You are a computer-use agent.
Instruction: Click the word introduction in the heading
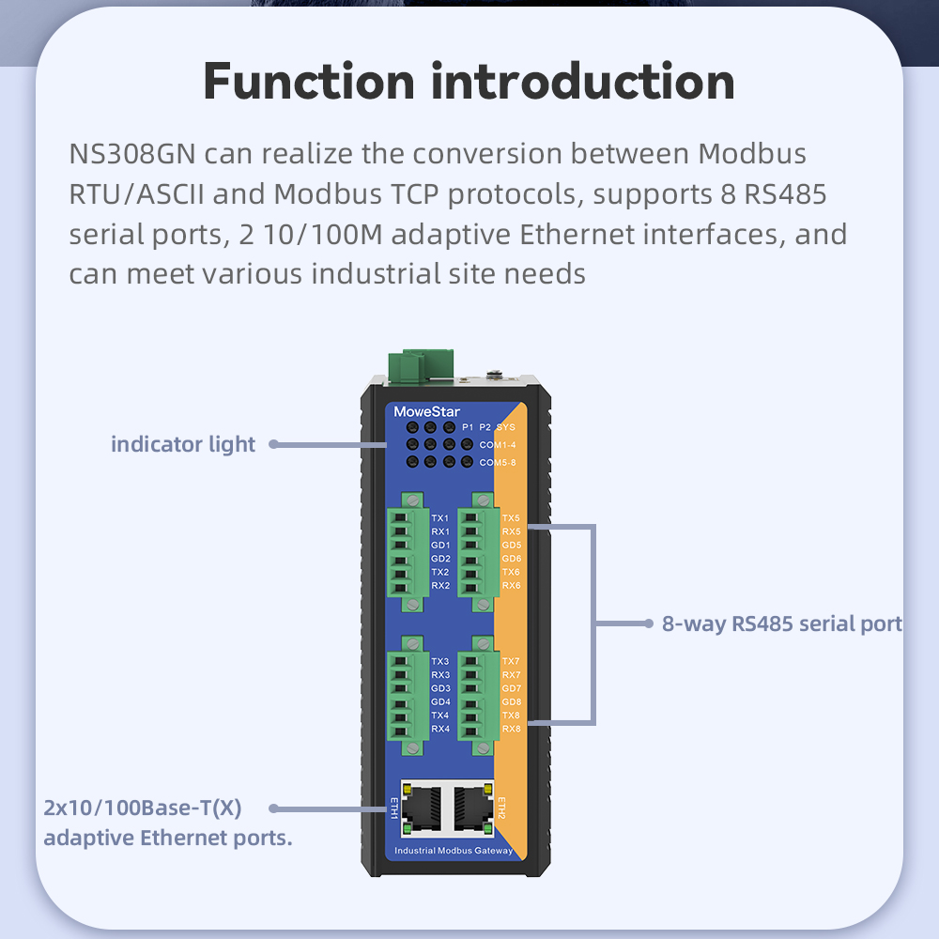pos(582,83)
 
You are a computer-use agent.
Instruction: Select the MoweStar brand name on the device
pos(427,411)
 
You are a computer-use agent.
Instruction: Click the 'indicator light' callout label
pos(183,444)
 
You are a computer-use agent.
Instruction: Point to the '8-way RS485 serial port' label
pos(781,623)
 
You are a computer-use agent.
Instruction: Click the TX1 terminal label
pos(439,518)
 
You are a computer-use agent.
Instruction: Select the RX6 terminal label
pos(511,586)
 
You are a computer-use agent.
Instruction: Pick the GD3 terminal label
pos(440,688)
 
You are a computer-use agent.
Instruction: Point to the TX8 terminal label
pos(511,716)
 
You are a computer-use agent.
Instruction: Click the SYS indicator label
pos(506,427)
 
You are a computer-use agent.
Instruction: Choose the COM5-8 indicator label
pos(498,462)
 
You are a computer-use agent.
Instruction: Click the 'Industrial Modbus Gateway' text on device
pos(454,851)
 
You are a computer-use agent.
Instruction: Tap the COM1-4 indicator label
pos(498,444)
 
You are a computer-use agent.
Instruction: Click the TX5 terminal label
pos(511,518)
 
